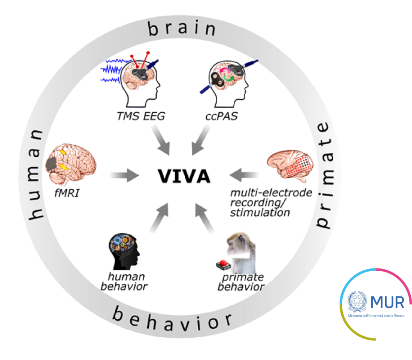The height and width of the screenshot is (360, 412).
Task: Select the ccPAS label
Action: click(x=219, y=117)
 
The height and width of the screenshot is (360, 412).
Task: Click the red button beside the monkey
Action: click(x=222, y=264)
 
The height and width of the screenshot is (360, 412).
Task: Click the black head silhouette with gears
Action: click(x=126, y=252)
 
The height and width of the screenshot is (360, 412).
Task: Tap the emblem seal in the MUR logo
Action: click(x=357, y=302)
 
